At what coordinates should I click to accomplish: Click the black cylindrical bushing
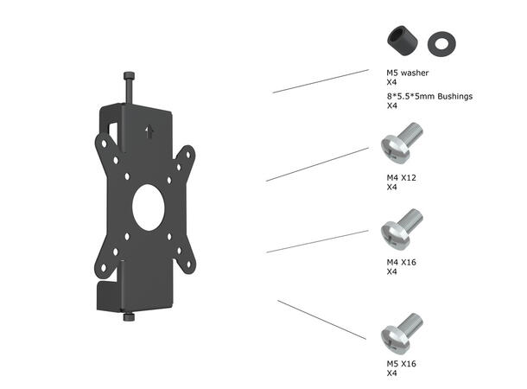pos(400,40)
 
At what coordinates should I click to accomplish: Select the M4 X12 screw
pos(402,147)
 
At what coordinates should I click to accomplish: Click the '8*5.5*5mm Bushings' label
pos(429,97)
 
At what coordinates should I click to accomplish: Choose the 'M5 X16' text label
pos(403,365)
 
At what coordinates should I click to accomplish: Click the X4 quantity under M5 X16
pos(391,373)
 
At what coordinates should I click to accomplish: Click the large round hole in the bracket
pos(151,206)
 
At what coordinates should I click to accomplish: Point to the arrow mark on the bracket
pos(151,132)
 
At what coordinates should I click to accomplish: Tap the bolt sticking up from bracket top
pos(129,87)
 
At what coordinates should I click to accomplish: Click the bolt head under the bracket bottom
pos(129,317)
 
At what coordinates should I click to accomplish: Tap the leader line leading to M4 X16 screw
pos(318,241)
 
